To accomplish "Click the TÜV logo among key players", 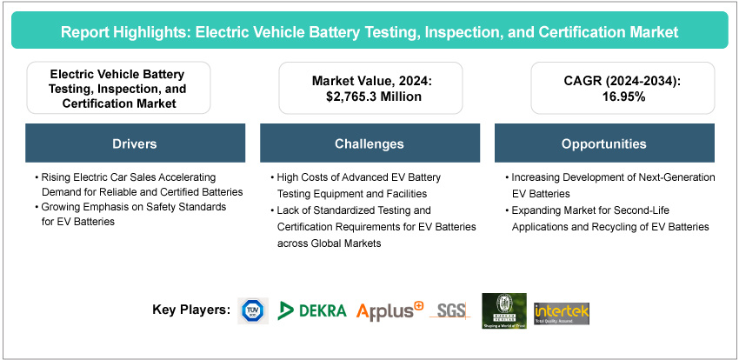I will point(253,310).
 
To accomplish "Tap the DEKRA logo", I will point(313,310).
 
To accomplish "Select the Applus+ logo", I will point(389,310).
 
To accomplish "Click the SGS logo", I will point(450,310).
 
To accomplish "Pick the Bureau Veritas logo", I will point(504,310).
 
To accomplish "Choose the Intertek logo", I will point(562,310).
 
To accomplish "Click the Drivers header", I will point(135,143).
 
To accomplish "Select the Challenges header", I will point(369,143).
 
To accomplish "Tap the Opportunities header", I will point(603,143).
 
